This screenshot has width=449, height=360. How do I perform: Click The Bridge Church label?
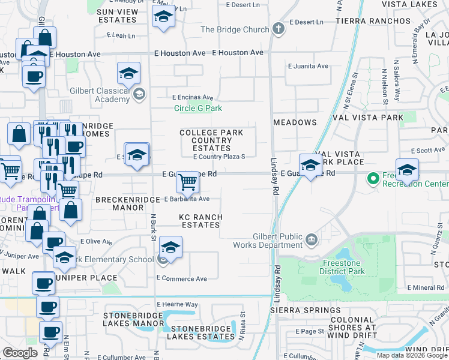coord(235,29)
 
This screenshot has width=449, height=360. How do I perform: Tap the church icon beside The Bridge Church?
coord(278,29)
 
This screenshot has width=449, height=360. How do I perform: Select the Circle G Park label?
coord(198,109)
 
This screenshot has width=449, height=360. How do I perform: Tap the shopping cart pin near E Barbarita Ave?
coord(188,182)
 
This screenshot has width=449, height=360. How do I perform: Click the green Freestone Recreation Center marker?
coord(372,178)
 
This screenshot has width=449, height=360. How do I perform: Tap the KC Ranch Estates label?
coord(200,221)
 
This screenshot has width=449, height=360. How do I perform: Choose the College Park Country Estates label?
coord(211,140)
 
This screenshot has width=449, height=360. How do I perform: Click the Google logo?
coord(20,353)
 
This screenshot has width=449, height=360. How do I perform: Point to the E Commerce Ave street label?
coord(181,278)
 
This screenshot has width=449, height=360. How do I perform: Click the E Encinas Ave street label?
coord(193,97)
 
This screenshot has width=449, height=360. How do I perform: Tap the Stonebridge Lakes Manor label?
coord(134,319)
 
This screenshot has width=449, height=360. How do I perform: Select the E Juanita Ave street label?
coord(308,66)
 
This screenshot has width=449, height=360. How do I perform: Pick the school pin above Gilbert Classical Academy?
coord(128,74)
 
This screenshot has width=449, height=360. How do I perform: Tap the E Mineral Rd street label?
coord(425,288)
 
